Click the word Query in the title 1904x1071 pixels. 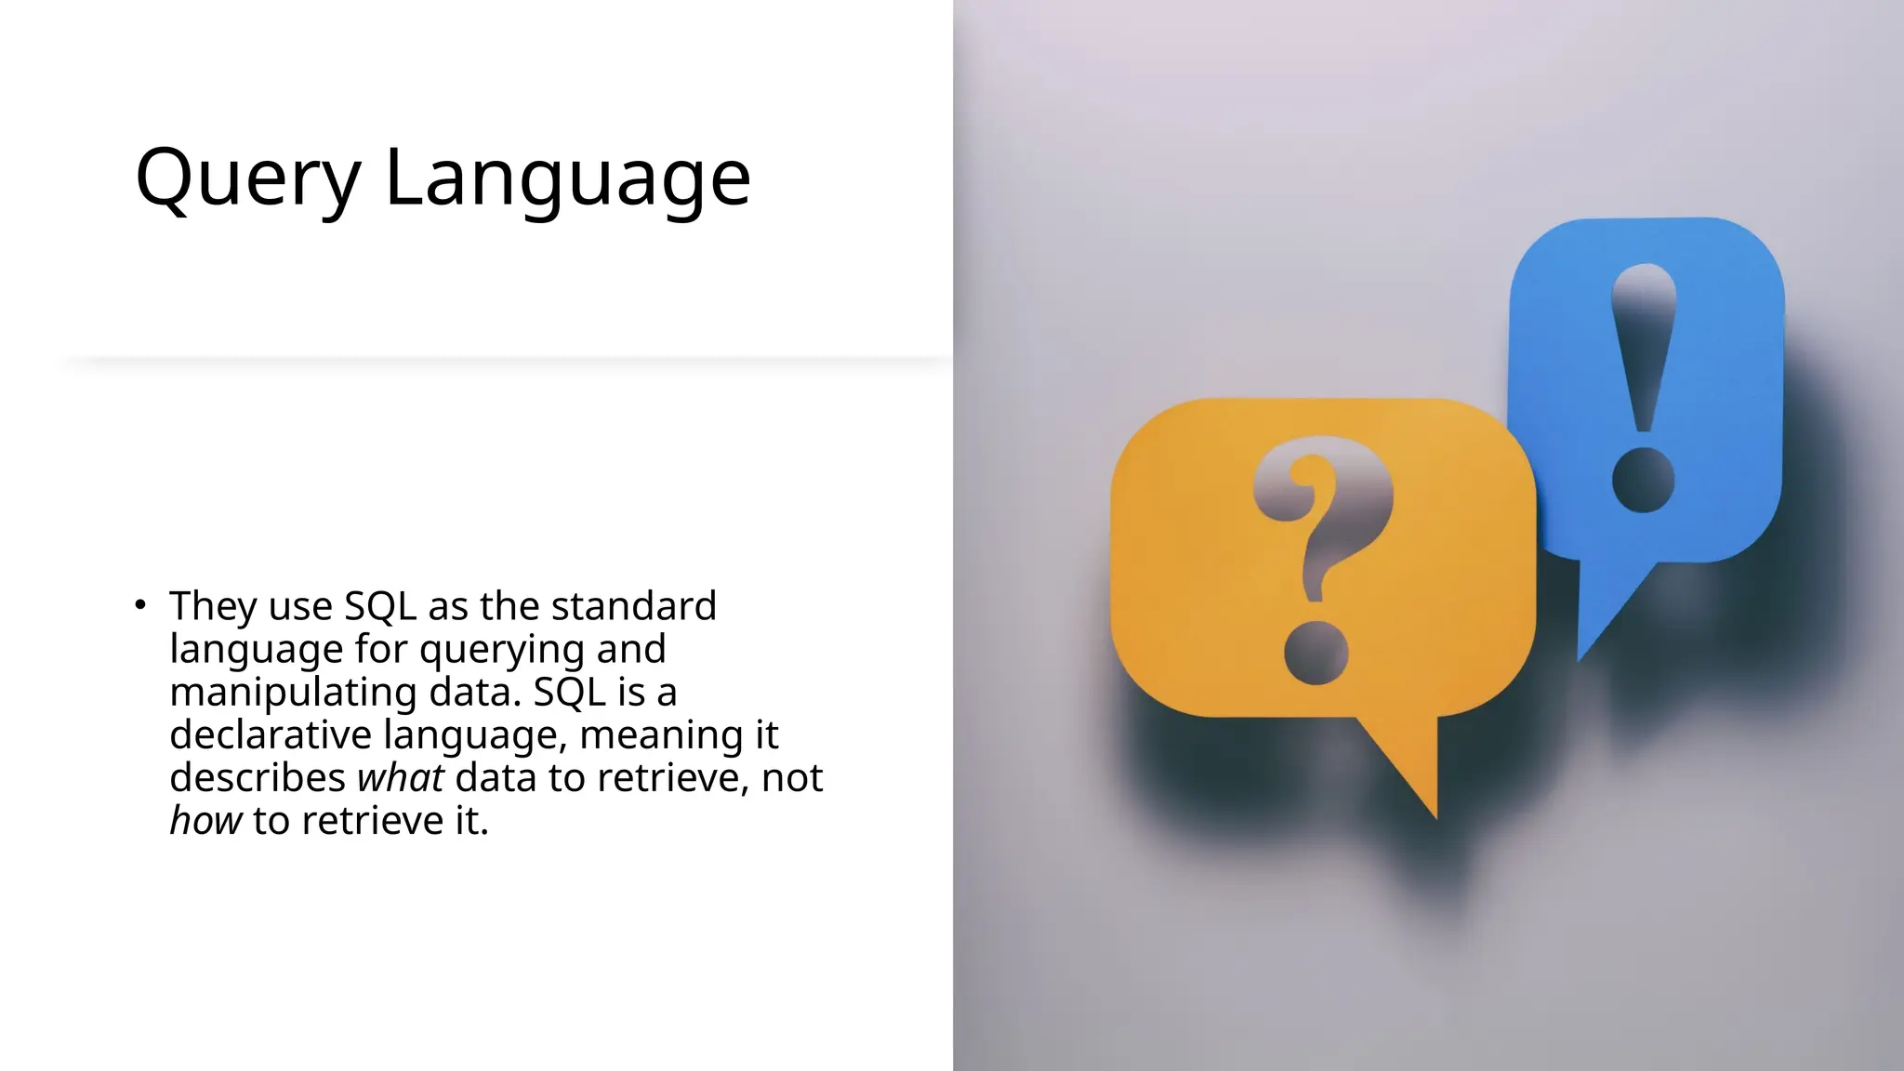click(247, 178)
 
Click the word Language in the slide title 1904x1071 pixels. click(567, 178)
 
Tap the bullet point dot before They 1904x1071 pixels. click(140, 605)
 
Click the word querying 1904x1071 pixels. click(503, 650)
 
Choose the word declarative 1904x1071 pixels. click(271, 734)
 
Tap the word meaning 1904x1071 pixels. click(661, 735)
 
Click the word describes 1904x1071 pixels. click(258, 777)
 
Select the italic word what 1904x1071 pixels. click(401, 777)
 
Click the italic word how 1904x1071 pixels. click(205, 821)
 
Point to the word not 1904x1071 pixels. click(792, 778)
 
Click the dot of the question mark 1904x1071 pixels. click(1316, 654)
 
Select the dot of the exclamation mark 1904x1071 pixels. click(1644, 480)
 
